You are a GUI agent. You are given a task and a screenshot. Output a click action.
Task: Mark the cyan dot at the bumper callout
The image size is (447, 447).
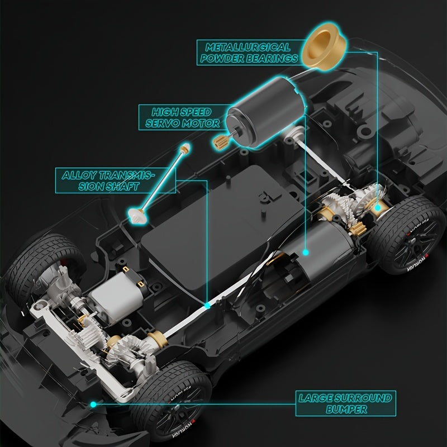[93, 403]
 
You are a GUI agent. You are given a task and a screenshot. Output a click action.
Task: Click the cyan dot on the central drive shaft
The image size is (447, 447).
[207, 306]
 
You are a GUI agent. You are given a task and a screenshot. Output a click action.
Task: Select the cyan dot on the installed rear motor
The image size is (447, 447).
[306, 253]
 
